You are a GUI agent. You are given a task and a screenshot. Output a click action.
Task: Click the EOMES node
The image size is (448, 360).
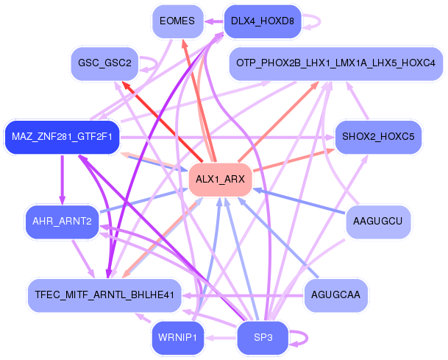click(177, 21)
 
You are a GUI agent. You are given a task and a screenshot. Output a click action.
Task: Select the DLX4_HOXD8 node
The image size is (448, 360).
click(263, 21)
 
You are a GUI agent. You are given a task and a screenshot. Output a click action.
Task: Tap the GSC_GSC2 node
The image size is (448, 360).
click(104, 63)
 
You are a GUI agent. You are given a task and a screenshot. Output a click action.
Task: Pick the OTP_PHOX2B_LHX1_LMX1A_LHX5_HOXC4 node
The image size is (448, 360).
click(335, 63)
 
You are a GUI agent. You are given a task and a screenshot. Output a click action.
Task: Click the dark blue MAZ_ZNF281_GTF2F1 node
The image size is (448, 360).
click(62, 137)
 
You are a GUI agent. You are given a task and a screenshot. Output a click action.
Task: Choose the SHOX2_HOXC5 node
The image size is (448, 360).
click(378, 137)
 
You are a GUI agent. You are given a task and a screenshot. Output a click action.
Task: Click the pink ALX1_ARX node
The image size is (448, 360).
click(220, 180)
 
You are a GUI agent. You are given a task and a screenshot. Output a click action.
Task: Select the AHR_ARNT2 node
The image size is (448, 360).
click(62, 222)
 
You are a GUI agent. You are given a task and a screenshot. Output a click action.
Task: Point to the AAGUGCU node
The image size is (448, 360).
click(378, 222)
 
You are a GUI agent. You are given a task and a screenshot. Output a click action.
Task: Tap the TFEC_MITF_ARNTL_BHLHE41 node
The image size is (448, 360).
click(104, 295)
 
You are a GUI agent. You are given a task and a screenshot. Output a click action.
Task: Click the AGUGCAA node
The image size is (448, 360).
click(335, 295)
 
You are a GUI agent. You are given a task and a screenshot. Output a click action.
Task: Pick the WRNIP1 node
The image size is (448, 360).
click(177, 338)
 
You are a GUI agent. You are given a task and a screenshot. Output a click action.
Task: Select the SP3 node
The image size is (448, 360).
click(263, 338)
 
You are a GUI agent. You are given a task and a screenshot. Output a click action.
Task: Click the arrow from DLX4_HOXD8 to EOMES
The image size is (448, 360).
click(214, 21)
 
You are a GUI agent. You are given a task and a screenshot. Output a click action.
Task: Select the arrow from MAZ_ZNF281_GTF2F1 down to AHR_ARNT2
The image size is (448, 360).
click(63, 180)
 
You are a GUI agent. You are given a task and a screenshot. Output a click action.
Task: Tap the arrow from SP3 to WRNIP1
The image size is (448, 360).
click(221, 338)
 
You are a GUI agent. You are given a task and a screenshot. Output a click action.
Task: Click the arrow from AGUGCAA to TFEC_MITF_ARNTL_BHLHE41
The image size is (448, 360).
click(243, 295)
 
